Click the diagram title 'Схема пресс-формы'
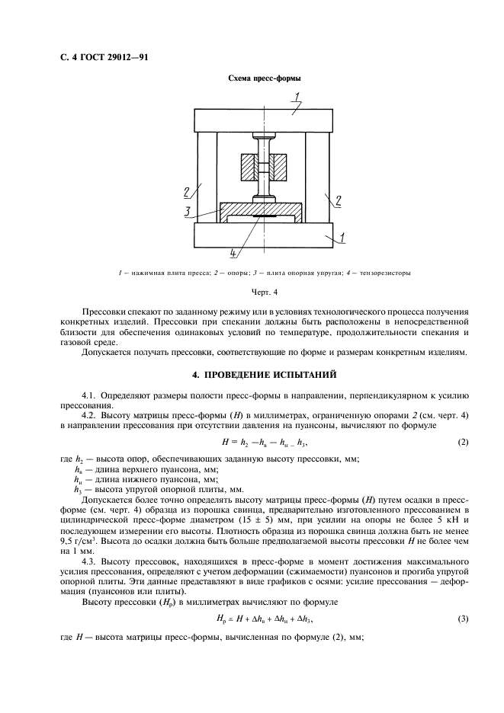click(x=263, y=79)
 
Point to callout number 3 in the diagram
click(x=186, y=213)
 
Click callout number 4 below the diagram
click(x=233, y=253)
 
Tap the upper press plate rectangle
click(x=263, y=120)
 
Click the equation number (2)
click(x=462, y=442)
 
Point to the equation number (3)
click(x=462, y=618)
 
